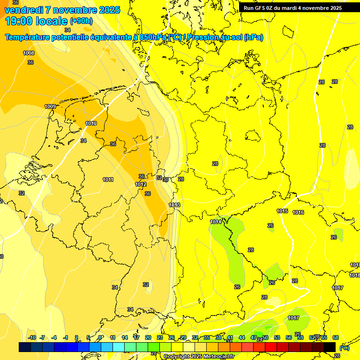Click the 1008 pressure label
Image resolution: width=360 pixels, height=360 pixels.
[x=29, y=53]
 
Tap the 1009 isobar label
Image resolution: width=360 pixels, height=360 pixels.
[x=51, y=106]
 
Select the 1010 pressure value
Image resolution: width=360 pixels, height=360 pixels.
[x=91, y=123]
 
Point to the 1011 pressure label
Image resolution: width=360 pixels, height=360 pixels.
[x=108, y=180]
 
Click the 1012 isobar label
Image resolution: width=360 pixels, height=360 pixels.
[x=141, y=184]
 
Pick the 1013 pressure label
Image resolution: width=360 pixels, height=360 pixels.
[x=174, y=205]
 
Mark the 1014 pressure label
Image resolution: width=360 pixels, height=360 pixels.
[x=216, y=222]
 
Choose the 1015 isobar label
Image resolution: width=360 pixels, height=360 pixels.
[x=282, y=211]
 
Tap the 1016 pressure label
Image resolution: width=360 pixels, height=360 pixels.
[x=298, y=212]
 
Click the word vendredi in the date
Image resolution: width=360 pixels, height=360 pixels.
[x=23, y=10]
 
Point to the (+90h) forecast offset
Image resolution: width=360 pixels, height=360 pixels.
[x=81, y=21]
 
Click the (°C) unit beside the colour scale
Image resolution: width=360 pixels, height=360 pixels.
[x=344, y=348]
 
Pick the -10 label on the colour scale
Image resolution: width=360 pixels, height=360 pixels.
[x=32, y=337]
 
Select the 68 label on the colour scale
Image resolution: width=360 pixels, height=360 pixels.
[x=336, y=337]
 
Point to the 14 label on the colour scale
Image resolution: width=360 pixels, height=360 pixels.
[x=125, y=337]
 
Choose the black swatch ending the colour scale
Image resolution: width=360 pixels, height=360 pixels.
[x=330, y=347]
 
